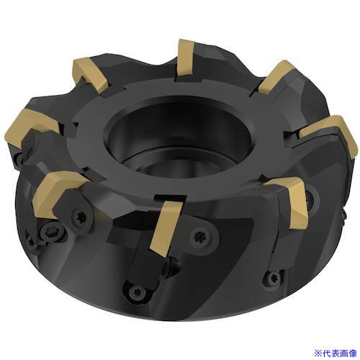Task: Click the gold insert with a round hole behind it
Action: pos(295,199)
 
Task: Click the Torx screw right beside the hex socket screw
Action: pos(80,215)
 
